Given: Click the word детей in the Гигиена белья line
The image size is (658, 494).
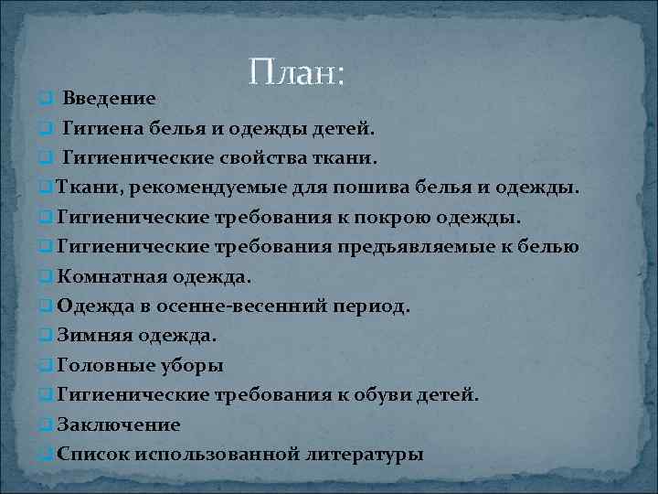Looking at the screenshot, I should coord(344,128).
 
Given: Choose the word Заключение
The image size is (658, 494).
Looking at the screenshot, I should coord(118,424).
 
